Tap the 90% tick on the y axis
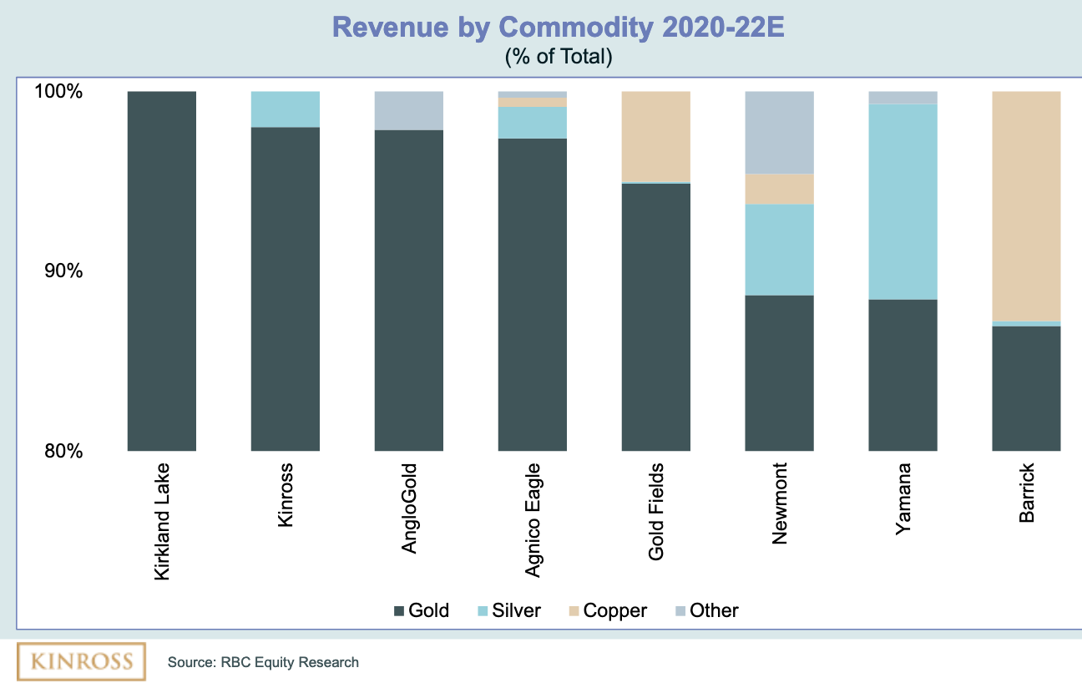[x=63, y=271]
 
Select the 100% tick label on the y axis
[x=58, y=91]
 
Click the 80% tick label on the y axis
[x=63, y=451]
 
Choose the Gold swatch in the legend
[x=399, y=611]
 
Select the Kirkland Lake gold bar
[x=161, y=271]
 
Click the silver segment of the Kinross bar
[x=286, y=109]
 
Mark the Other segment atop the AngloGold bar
[x=409, y=110]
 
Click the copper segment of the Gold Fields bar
[x=656, y=136]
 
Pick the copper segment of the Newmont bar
[x=780, y=189]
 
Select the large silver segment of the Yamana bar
[x=903, y=201]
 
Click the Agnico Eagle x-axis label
[x=533, y=519]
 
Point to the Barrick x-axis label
[x=1027, y=493]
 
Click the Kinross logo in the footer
[x=81, y=661]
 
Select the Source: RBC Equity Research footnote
[x=263, y=663]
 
